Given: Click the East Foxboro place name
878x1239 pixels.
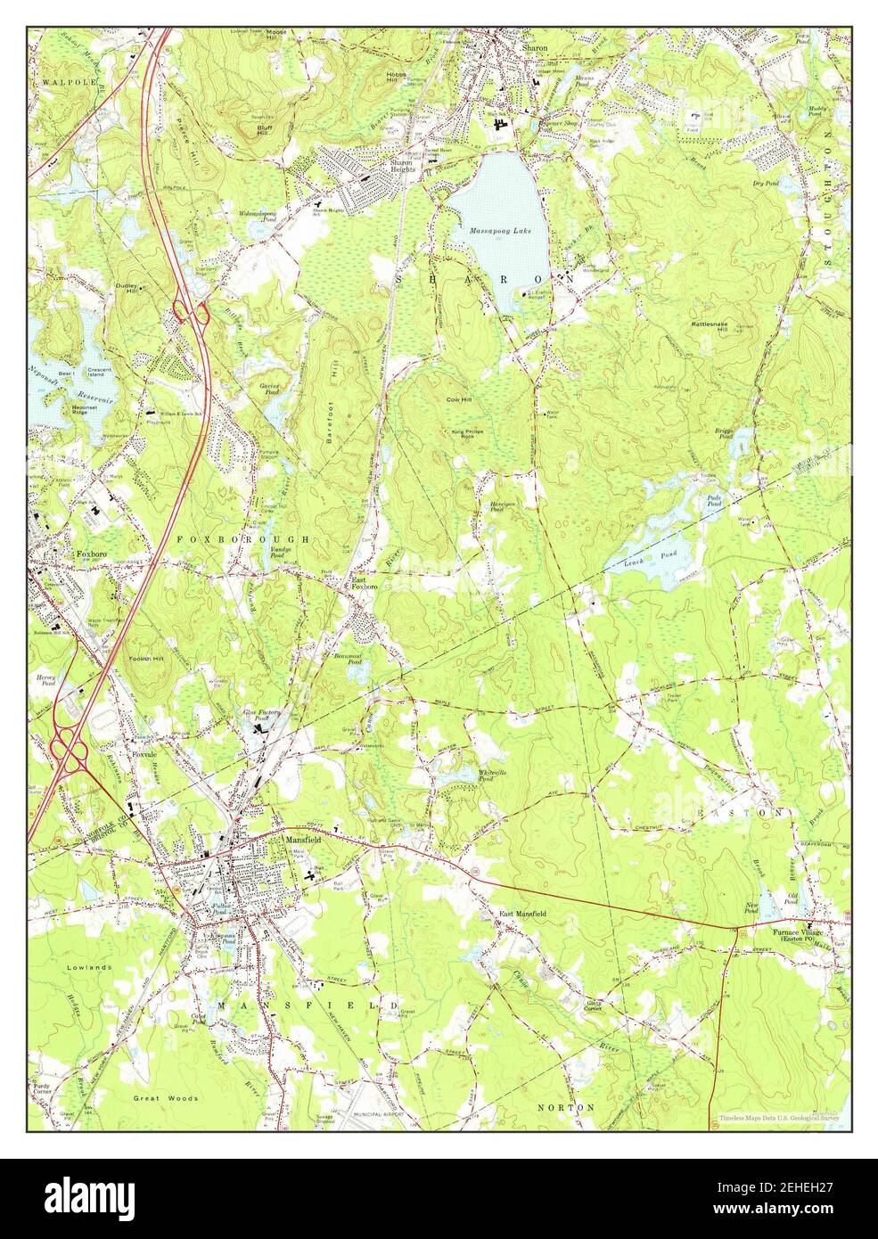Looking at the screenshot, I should [365, 582].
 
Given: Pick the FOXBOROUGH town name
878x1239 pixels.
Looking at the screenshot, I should [242, 540].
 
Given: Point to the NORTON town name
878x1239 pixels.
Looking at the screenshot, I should [566, 1107].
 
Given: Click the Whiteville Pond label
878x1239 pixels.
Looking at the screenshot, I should [492, 774].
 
